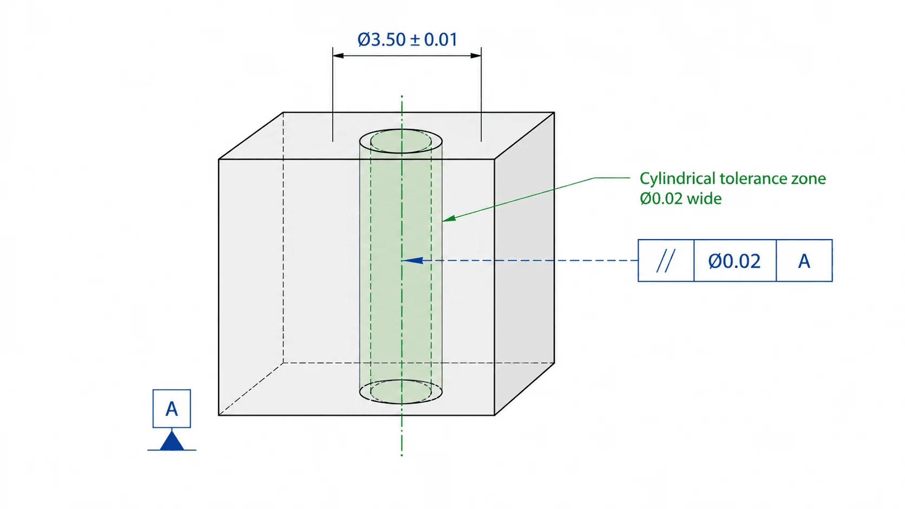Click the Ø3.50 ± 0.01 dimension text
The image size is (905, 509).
coord(407,39)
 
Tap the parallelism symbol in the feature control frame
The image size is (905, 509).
coord(665,261)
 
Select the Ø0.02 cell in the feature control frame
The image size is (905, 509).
coord(735,261)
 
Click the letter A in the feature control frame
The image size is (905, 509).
coord(804,261)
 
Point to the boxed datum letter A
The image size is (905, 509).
coord(172,408)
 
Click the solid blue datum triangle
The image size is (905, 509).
coord(172,440)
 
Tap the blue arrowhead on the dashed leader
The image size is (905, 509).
coord(412,260)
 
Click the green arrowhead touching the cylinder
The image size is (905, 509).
coord(450,218)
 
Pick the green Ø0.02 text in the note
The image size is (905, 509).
coord(661,199)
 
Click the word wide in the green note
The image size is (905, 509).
coord(704,199)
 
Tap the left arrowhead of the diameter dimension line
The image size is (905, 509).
coord(338,55)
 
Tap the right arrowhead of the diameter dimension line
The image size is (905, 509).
coord(476,55)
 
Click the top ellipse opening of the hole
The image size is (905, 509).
coord(401,141)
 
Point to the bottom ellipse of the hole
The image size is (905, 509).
coord(401,391)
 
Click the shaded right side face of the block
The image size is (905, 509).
coord(524,264)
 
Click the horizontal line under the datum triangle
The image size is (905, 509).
coord(172,450)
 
